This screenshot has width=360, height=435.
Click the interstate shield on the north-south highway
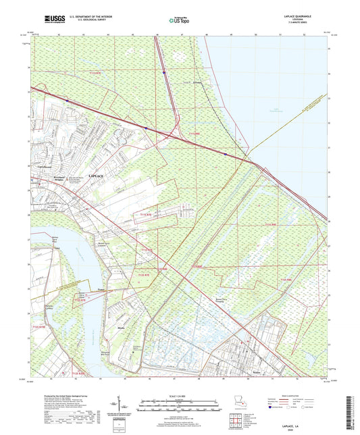[x=164, y=68]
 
